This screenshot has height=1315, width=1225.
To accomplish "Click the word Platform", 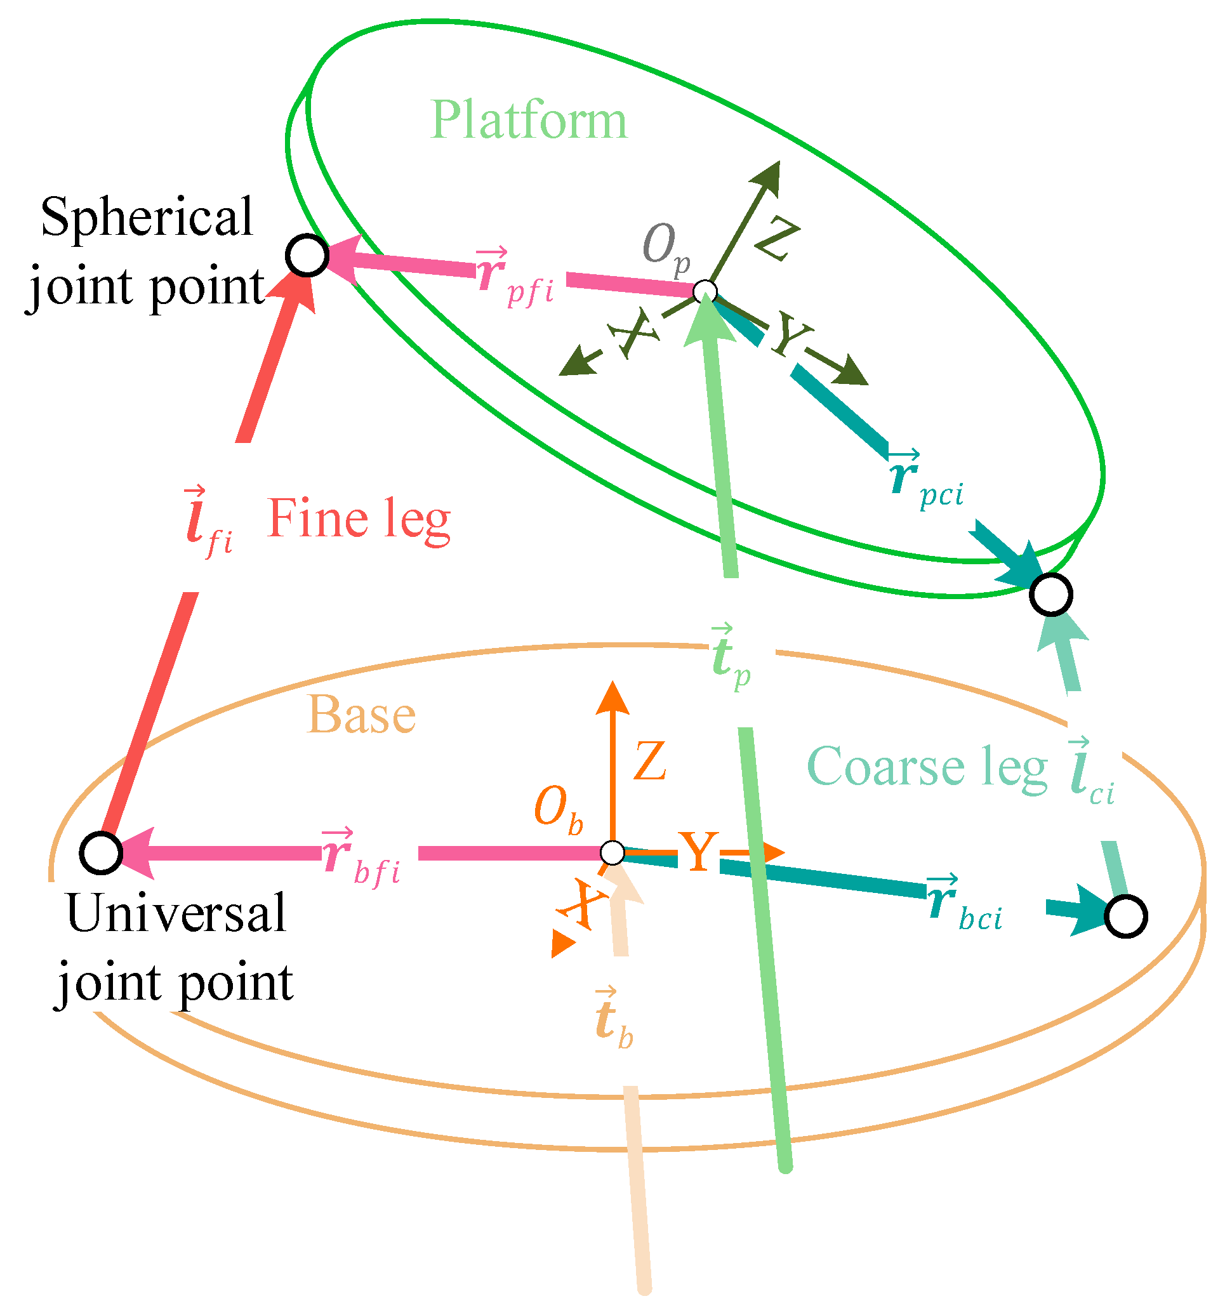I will point(528,121).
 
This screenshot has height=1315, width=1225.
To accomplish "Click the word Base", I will point(361,716).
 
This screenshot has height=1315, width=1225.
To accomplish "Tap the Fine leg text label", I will point(359,519).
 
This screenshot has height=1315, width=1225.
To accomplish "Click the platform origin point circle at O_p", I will point(705,291).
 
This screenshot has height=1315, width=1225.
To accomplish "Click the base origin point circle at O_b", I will point(612,854).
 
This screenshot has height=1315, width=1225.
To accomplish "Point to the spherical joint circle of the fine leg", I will point(307,255).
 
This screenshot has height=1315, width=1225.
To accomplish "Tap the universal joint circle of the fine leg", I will point(100,854).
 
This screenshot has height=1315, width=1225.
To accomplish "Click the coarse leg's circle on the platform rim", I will point(1050,595).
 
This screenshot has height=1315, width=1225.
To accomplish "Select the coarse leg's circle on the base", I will point(1125,917).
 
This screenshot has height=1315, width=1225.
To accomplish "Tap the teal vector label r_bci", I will point(964,903).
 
